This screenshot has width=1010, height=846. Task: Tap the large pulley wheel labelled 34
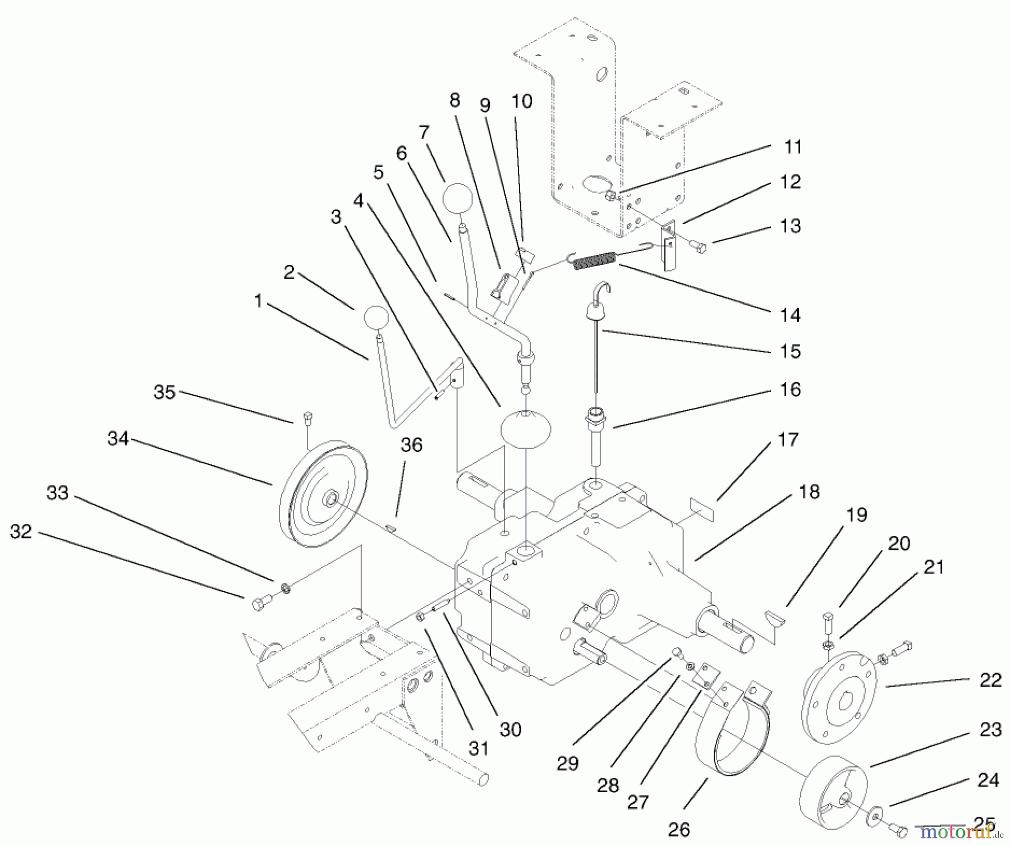324,494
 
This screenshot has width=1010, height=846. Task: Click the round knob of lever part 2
377,319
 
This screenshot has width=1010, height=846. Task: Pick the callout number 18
809,491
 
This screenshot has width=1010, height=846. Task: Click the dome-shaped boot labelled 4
525,430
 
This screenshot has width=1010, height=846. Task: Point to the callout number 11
793,147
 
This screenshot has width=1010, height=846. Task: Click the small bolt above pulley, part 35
307,417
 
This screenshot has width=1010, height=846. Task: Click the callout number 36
411,445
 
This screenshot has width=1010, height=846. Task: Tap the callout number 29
567,763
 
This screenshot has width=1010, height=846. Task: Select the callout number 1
258,301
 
